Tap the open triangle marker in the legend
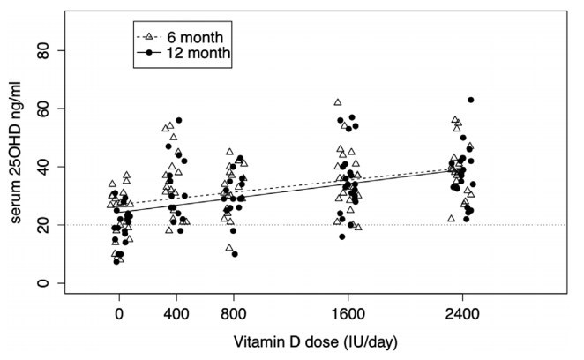pos(149,37)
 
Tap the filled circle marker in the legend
pos(149,53)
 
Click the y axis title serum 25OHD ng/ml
pos(17,167)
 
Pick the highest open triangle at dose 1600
pos(337,102)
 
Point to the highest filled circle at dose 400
pos(179,120)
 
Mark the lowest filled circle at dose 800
pos(235,254)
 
